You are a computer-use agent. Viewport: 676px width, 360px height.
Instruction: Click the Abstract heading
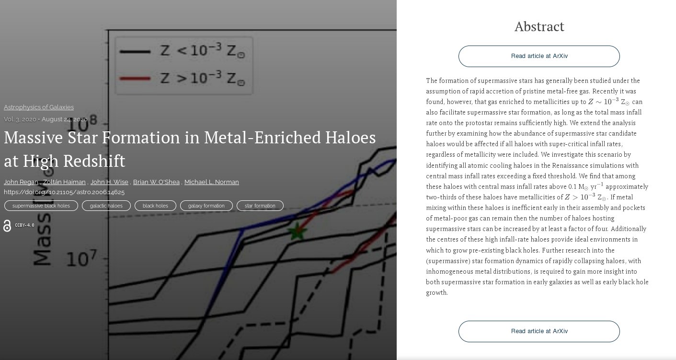pos(539,26)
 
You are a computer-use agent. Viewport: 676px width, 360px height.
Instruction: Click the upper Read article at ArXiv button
pos(539,56)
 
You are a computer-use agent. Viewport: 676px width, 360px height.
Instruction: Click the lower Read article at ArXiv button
pos(539,331)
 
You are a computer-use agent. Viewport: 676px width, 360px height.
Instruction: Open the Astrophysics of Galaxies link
pos(39,107)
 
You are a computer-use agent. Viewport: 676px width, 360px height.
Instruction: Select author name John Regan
pos(21,182)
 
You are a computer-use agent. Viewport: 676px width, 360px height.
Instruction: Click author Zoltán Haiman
pos(64,182)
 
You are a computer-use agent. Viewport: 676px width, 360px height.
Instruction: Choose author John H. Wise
pos(109,182)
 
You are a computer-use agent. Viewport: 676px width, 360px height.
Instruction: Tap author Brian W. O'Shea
pos(156,182)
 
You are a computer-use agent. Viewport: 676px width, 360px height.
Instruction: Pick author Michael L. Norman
pos(212,182)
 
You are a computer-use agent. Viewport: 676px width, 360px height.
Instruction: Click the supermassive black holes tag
pos(41,206)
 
